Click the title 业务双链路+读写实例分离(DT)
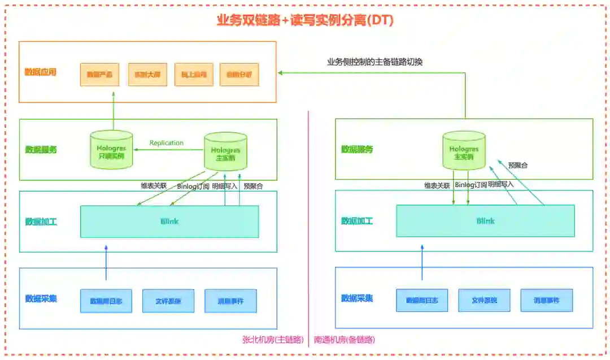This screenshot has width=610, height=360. [305, 20]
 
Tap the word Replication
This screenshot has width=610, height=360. [166, 143]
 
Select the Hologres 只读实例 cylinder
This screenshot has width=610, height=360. [111, 150]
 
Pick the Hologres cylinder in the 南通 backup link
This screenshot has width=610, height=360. [464, 151]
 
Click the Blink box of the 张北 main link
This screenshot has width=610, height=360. [169, 222]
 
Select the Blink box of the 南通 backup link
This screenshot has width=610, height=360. [485, 221]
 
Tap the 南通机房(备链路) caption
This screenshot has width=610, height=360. [344, 340]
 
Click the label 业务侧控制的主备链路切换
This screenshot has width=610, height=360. [374, 62]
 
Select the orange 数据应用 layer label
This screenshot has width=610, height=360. [41, 72]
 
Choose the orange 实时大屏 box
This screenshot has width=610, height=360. [147, 75]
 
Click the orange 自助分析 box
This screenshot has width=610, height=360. [239, 75]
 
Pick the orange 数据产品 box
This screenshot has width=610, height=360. [99, 75]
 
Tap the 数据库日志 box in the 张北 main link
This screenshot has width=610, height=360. [106, 301]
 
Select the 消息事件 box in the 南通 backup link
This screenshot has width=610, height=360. [546, 301]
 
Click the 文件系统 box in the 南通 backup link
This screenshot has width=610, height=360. [484, 301]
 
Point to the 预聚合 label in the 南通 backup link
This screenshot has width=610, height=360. [518, 166]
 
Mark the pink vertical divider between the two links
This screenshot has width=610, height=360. [309, 226]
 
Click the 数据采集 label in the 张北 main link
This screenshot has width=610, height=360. [41, 298]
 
